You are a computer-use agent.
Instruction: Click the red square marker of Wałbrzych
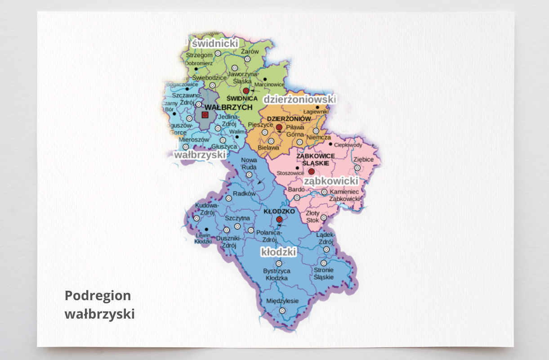coord(205,115)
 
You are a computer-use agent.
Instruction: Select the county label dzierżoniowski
coord(299,99)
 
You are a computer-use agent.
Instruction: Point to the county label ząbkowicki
coord(331,181)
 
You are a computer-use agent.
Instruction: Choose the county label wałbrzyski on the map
coord(200,154)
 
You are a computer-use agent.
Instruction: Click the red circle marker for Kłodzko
coord(279,220)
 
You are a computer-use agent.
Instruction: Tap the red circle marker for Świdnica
coord(246,90)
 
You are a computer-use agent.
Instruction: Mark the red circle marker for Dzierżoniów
coord(279,127)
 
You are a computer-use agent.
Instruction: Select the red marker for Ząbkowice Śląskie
coord(311,171)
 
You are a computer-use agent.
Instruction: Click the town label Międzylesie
coord(282,301)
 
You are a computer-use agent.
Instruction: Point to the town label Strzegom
coord(199,54)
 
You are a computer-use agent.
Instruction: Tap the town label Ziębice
coord(363,159)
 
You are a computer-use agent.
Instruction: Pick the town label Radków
coord(245,193)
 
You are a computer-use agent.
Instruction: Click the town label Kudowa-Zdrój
coord(204,209)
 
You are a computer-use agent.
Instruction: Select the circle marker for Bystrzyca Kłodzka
coord(279,263)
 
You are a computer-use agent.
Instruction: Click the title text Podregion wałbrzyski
coord(99,305)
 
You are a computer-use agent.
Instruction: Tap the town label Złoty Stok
coord(312,216)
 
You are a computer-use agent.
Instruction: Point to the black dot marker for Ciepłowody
coord(330,144)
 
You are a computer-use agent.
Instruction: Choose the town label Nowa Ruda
coord(249,164)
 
